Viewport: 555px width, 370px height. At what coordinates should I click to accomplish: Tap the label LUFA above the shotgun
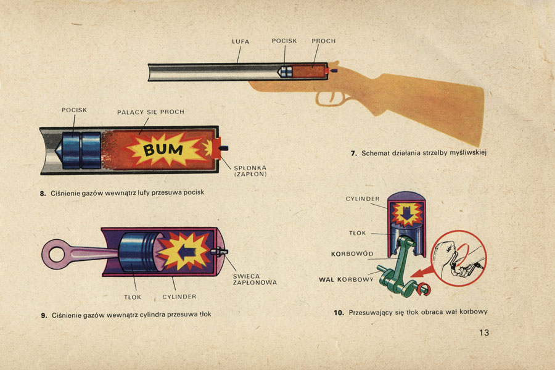point(240,41)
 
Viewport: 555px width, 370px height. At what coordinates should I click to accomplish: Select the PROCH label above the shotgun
point(324,41)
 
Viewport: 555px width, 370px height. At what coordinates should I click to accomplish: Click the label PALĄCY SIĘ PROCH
point(150,112)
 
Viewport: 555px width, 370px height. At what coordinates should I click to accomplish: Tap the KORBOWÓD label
point(352,253)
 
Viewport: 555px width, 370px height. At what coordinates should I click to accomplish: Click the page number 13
point(483,333)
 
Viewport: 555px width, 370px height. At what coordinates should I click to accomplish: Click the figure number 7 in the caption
point(354,153)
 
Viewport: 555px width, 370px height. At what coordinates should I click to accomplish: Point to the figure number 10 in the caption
point(339,313)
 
